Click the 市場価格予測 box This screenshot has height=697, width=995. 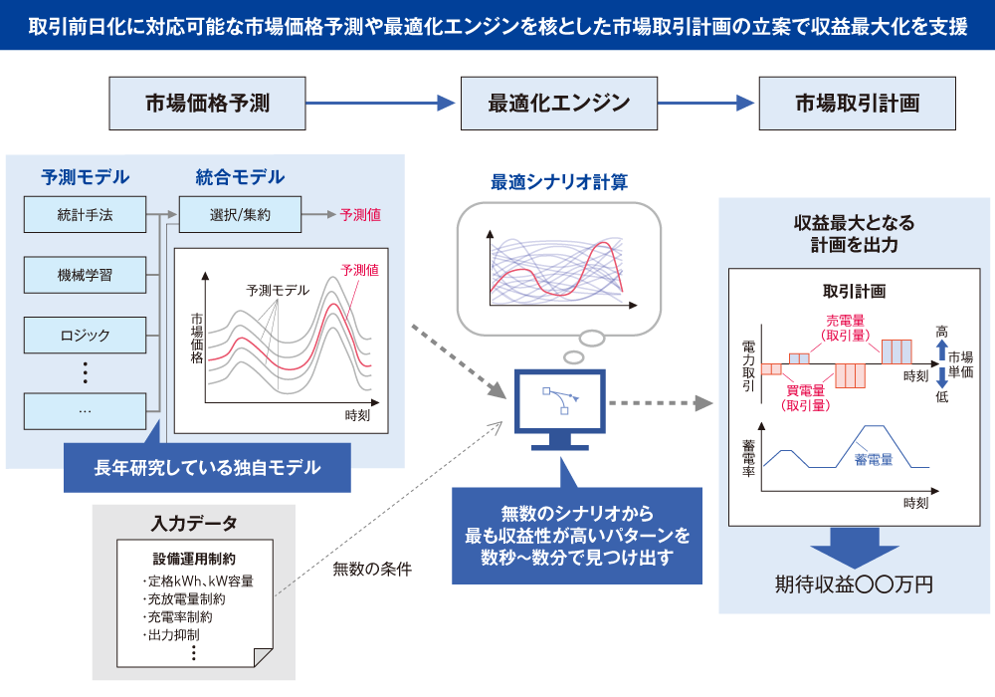point(207,103)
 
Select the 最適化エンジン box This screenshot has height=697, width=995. point(558,103)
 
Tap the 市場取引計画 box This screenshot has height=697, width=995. point(857,103)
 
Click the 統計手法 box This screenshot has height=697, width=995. point(85,213)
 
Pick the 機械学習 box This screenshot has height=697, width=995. point(85,274)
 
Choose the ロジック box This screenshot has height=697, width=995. point(85,335)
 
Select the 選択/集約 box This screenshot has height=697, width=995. point(240,213)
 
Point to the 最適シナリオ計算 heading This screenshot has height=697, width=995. point(558,183)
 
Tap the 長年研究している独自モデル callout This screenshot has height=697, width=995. point(207,467)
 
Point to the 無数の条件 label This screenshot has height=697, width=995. point(372,570)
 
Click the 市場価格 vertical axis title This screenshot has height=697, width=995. point(196,341)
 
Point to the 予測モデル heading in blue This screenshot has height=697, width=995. point(85,177)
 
